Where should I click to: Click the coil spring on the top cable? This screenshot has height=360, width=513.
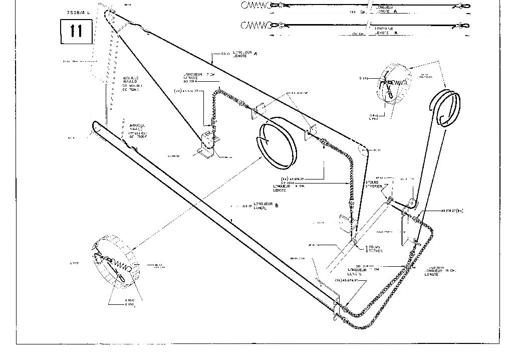tap(255, 6)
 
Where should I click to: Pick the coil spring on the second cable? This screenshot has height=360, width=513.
tap(255, 26)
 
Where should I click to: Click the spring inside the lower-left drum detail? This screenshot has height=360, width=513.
tap(120, 263)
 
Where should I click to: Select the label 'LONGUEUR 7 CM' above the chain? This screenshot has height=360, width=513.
tap(199, 76)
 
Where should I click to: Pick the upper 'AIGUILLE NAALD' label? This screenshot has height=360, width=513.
tap(132, 81)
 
